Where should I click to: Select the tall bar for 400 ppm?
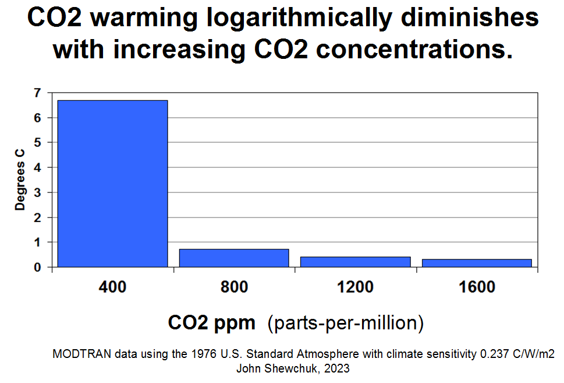pyautogui.click(x=113, y=183)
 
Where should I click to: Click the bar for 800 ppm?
pyautogui.click(x=234, y=258)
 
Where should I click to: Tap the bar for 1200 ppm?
pyautogui.click(x=356, y=262)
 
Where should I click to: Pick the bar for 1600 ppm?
pyautogui.click(x=477, y=263)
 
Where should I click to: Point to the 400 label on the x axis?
pyautogui.click(x=112, y=287)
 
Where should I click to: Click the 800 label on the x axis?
pyautogui.click(x=234, y=287)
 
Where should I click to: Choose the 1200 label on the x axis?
pyautogui.click(x=355, y=287)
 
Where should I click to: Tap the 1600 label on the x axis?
pyautogui.click(x=477, y=287)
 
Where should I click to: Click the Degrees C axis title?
pyautogui.click(x=20, y=180)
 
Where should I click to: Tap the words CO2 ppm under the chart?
pyautogui.click(x=212, y=322)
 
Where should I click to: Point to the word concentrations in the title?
pyautogui.click(x=414, y=50)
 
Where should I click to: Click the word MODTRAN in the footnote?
pyautogui.click(x=77, y=354)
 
